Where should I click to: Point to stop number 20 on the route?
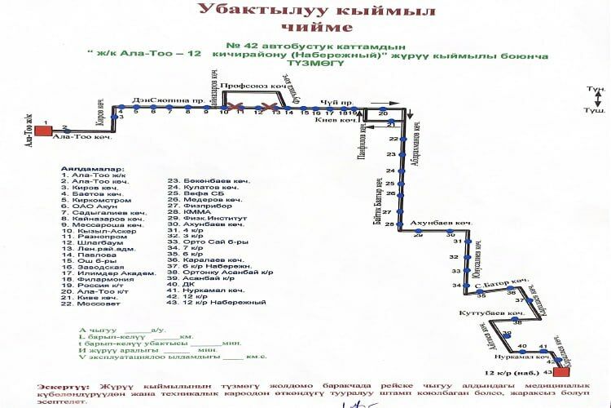pyautogui.click(x=383, y=113)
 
